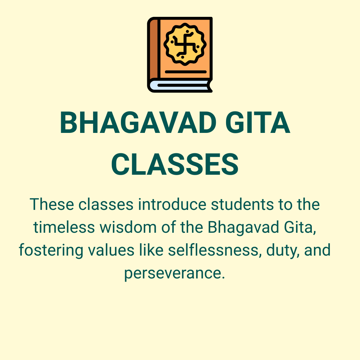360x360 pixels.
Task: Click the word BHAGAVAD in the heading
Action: click(138, 122)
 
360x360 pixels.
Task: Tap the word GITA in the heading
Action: click(258, 122)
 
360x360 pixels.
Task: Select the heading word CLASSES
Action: click(175, 165)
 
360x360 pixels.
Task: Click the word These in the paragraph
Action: click(52, 204)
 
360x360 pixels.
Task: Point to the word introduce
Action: click(172, 204)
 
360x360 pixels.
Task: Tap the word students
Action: click(243, 204)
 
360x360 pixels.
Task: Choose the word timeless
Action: click(64, 227)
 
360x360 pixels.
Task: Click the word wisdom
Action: click(128, 227)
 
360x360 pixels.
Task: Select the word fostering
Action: click(51, 250)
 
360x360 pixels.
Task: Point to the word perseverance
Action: click(174, 274)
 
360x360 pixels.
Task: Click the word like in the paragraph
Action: click(151, 250)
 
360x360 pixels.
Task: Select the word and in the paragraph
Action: click(317, 250)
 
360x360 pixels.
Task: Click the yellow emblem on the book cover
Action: click(185, 44)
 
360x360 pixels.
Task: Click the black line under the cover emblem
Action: click(186, 72)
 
